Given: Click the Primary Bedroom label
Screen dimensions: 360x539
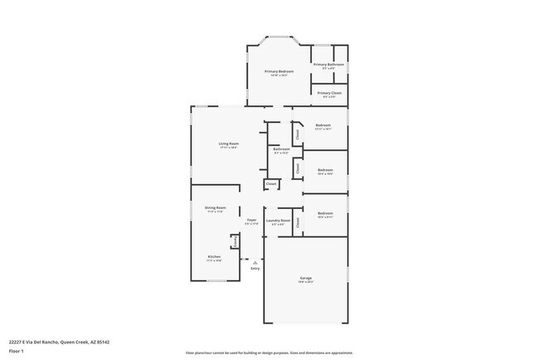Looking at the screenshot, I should click(279, 72).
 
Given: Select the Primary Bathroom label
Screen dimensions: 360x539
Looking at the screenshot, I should click(328, 65).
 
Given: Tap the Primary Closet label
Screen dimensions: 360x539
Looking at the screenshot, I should click(329, 94).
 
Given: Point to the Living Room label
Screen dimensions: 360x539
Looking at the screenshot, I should click(229, 144).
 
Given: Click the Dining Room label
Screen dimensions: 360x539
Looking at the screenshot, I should click(216, 208).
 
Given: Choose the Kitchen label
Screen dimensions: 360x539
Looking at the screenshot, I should click(214, 257).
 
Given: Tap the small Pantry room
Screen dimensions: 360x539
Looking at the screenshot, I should click(235, 241).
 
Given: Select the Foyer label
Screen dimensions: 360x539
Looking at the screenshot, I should click(251, 220).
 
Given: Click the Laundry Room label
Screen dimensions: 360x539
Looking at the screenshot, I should click(278, 221).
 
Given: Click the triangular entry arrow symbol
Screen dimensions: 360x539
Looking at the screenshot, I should click(255, 262).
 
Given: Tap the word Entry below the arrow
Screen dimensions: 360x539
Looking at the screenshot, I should click(255, 269).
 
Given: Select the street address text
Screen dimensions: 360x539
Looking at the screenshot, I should click(59, 341).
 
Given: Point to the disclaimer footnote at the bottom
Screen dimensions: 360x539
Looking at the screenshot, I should click(269, 353).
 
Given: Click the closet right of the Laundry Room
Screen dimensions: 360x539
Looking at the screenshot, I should click(298, 221).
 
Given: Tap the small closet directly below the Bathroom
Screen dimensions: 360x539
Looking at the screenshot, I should click(271, 183).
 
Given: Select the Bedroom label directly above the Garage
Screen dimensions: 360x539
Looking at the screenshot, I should click(324, 214).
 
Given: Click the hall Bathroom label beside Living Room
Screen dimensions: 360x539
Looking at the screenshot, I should click(281, 150).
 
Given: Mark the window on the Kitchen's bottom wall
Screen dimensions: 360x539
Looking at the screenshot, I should click(216, 280).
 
